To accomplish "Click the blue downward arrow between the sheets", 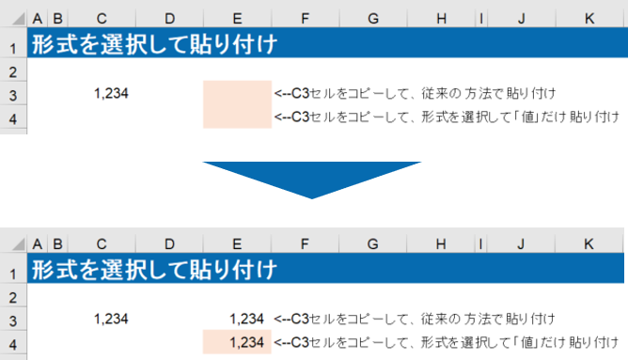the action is pyautogui.click(x=312, y=176).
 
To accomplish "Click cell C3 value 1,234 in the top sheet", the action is pyautogui.click(x=111, y=93).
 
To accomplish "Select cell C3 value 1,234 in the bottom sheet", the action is pyautogui.click(x=111, y=319).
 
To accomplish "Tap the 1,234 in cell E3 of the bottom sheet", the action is pyautogui.click(x=246, y=319).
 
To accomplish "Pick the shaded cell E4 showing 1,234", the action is pyautogui.click(x=237, y=342).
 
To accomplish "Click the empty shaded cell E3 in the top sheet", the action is pyautogui.click(x=237, y=93).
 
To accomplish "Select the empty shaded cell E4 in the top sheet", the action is pyautogui.click(x=237, y=117).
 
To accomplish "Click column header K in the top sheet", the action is pyautogui.click(x=589, y=19).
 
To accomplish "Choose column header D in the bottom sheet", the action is pyautogui.click(x=169, y=243).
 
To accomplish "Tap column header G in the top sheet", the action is pyautogui.click(x=373, y=19).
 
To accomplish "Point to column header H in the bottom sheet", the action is pyautogui.click(x=441, y=243).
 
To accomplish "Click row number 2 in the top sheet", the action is pyautogui.click(x=13, y=72).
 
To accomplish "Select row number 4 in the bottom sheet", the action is pyautogui.click(x=13, y=344).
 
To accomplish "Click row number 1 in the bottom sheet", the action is pyautogui.click(x=13, y=274).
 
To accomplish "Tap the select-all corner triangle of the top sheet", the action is pyautogui.click(x=19, y=19).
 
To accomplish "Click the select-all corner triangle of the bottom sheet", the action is pyautogui.click(x=19, y=244).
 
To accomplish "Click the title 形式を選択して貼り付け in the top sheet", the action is pyautogui.click(x=154, y=44).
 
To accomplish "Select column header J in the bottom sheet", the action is pyautogui.click(x=521, y=243).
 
